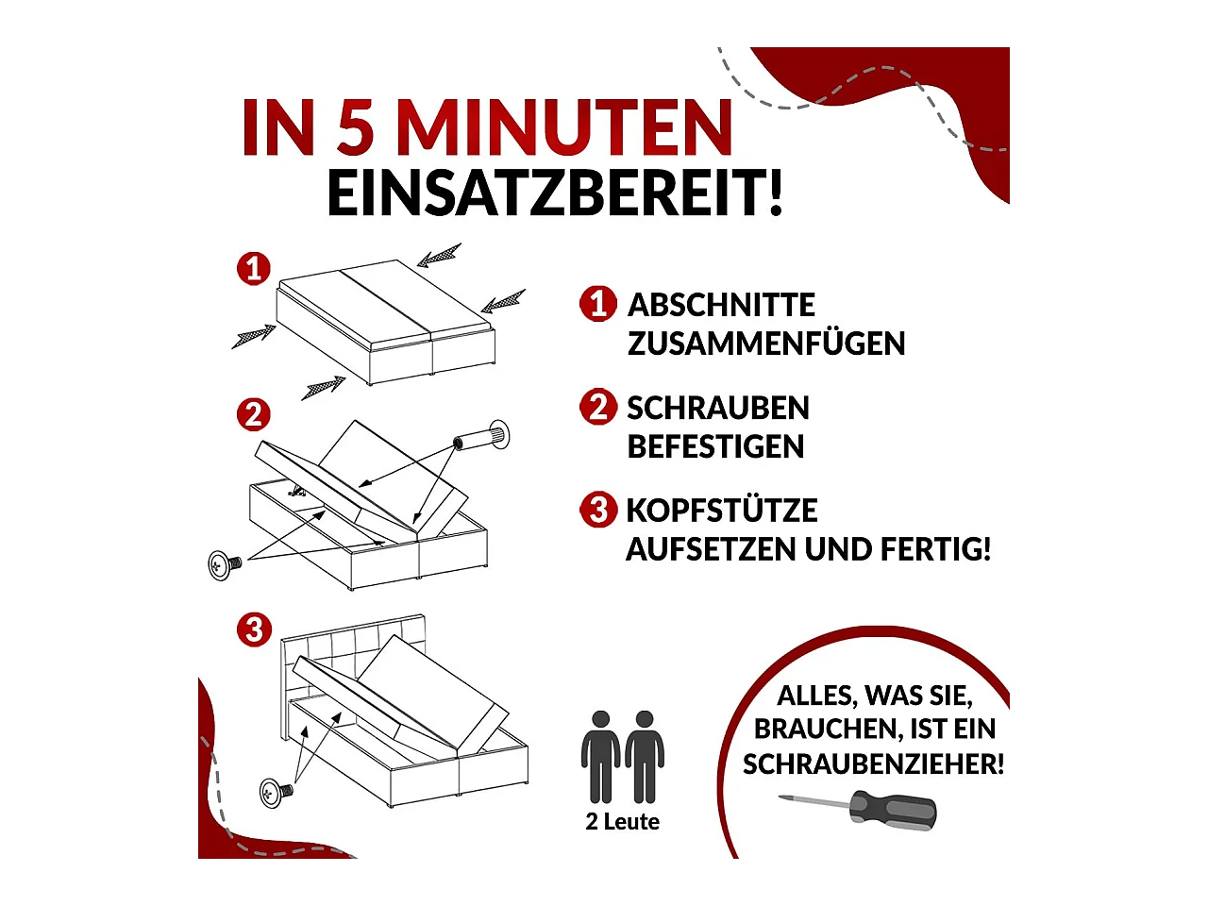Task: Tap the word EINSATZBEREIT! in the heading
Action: [555, 193]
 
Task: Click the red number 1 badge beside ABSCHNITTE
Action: [597, 304]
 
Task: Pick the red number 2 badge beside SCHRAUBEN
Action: [597, 407]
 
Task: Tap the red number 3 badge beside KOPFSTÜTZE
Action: [597, 509]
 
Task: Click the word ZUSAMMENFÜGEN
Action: [765, 344]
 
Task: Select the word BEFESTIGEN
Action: [715, 446]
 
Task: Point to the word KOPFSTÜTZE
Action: [722, 511]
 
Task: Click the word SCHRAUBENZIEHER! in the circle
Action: [873, 763]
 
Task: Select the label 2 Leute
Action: [622, 822]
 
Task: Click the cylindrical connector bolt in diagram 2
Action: [480, 438]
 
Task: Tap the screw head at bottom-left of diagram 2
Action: [221, 564]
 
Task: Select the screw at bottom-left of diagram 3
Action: [272, 792]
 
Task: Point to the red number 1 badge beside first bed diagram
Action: [253, 269]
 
